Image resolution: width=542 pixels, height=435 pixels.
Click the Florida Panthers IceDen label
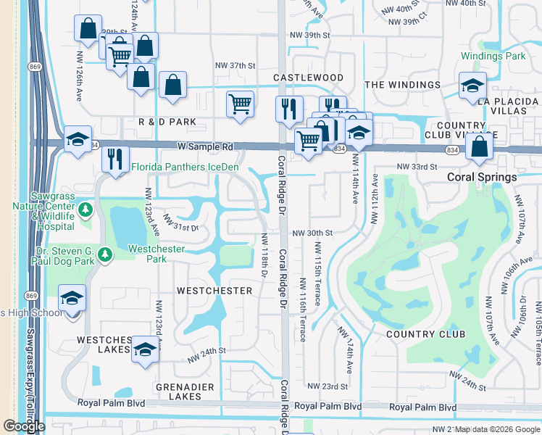[x=185, y=167]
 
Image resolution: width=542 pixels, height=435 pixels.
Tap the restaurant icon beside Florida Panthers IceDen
[x=114, y=158]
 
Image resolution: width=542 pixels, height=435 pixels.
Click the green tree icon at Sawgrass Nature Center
[x=86, y=210]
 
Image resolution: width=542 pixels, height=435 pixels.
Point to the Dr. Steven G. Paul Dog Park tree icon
[x=105, y=254]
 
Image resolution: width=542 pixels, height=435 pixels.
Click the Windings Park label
[x=493, y=56]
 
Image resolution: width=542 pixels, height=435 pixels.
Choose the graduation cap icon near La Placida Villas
[x=472, y=86]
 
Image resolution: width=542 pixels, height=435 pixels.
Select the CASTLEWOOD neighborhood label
[x=308, y=77]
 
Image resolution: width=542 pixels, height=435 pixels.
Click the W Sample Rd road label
[x=205, y=146]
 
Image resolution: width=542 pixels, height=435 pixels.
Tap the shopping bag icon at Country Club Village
[x=480, y=147]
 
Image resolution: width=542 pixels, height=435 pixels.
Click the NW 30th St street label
[x=312, y=233]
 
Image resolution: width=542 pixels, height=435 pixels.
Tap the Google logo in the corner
[x=23, y=426]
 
